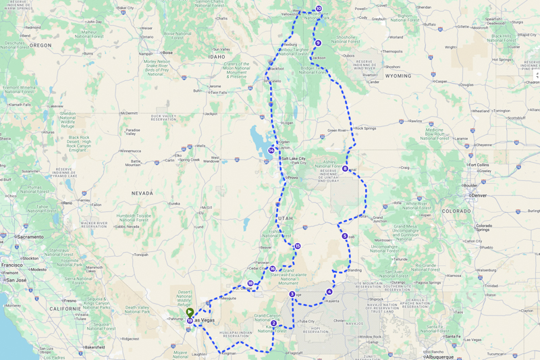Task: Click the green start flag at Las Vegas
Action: pos(191,312)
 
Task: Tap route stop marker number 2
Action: pos(273,323)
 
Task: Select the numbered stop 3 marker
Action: pos(292,294)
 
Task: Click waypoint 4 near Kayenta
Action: pos(329,292)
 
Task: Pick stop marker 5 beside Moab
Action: pos(344,236)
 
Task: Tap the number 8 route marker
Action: pos(345,169)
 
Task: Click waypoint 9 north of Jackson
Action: pos(318,43)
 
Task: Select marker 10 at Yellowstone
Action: pos(319,9)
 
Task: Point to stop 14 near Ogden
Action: pos(271,150)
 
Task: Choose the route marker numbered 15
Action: pos(297,246)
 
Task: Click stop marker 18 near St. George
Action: pos(250,284)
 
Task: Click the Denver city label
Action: pos(479,195)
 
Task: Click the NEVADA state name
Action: pos(142,193)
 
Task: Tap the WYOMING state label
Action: pos(398,76)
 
